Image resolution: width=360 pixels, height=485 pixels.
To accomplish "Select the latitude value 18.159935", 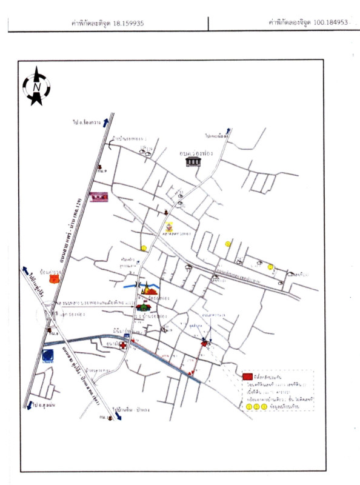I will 128,24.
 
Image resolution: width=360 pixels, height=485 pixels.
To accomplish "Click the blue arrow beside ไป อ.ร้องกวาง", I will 105,122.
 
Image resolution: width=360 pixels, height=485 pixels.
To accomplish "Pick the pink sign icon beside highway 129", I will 98,196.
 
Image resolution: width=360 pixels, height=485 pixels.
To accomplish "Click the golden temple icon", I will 146,292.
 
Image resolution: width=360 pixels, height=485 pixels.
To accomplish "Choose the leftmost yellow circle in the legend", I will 249,407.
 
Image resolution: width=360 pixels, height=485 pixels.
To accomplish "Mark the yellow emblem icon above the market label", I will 170,224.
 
